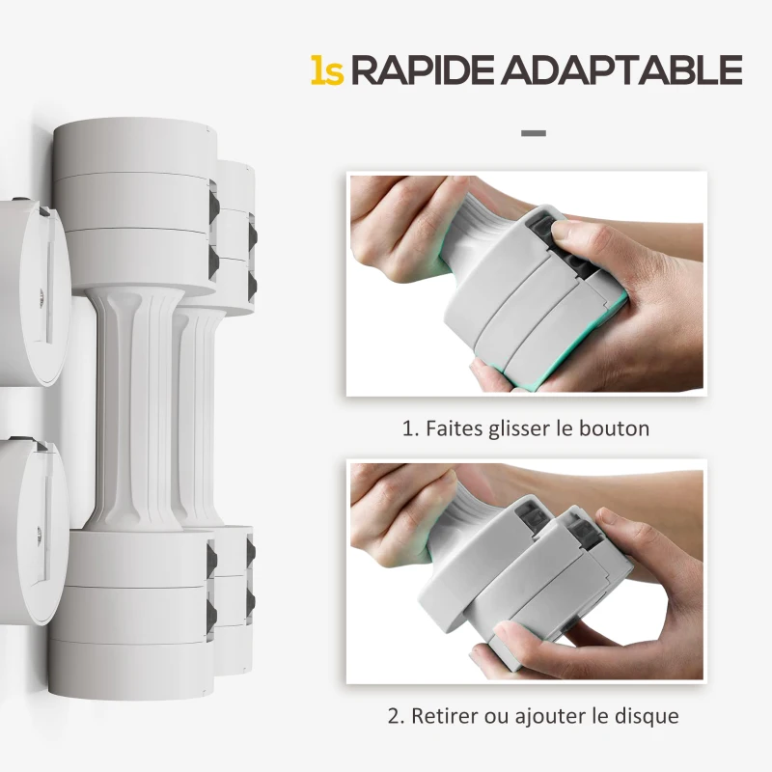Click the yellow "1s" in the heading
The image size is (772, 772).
click(x=327, y=69)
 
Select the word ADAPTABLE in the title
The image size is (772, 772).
click(x=625, y=69)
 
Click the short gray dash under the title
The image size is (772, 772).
click(x=533, y=132)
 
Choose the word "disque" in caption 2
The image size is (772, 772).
click(x=645, y=716)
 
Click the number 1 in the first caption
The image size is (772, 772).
click(x=407, y=427)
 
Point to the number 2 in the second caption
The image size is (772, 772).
click(x=393, y=716)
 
